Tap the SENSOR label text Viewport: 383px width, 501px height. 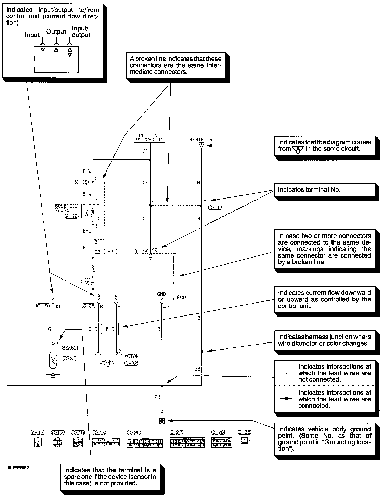[x=71, y=348]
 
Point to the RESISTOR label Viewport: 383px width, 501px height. [x=201, y=140]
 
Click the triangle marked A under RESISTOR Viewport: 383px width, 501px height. [x=201, y=145]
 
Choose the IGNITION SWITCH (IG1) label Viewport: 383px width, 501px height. [x=150, y=137]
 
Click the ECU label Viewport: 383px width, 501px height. [x=181, y=297]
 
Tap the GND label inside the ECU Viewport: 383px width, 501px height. [x=162, y=294]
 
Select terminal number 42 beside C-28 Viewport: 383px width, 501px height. [x=155, y=250]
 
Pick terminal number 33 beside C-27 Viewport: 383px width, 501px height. [x=57, y=306]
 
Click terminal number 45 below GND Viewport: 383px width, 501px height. [x=166, y=307]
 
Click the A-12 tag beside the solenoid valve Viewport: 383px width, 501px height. [x=72, y=216]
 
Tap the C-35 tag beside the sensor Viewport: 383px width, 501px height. [x=70, y=358]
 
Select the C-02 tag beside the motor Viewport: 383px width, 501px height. [x=131, y=363]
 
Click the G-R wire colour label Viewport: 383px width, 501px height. [x=93, y=329]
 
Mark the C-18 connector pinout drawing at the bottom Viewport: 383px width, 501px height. [x=106, y=443]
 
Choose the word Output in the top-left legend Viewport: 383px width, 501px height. [x=56, y=32]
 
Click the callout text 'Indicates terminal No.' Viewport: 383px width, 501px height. [x=309, y=190]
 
